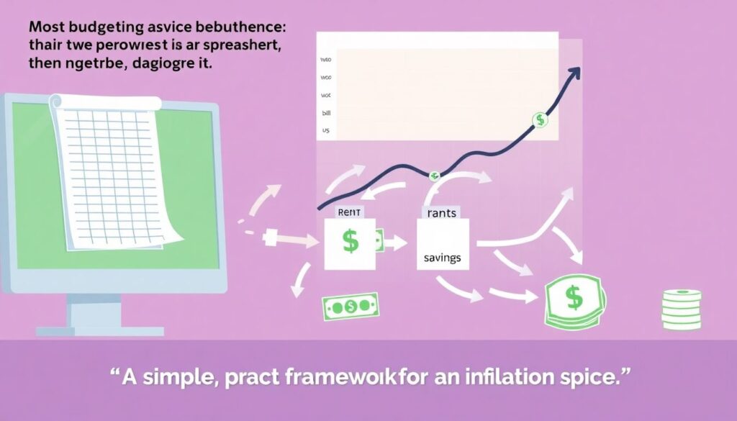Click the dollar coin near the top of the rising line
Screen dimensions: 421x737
539,120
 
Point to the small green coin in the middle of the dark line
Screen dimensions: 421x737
434,175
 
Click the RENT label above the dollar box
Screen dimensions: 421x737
348,212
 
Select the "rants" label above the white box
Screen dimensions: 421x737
442,212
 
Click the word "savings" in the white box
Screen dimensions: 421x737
442,258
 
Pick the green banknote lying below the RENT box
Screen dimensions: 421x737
350,307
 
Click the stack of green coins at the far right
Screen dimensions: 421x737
681,309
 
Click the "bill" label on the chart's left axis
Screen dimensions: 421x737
325,113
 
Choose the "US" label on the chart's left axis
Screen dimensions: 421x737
325,131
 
